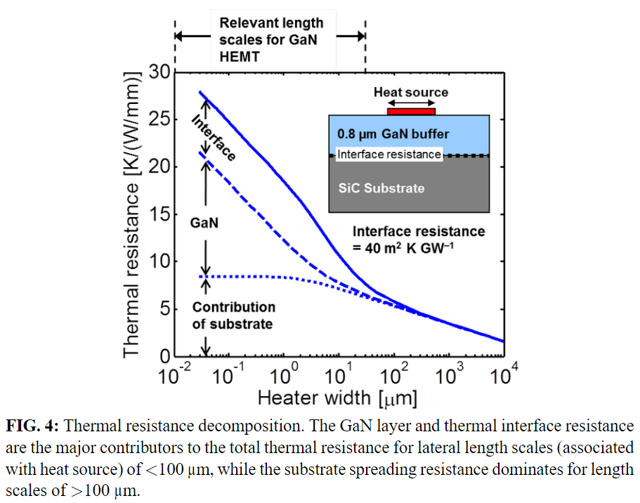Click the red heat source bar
[411, 111]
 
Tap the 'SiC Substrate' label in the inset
[381, 188]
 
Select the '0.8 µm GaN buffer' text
[393, 133]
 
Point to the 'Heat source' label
[410, 92]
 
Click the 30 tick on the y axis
[161, 72]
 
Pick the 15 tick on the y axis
[161, 214]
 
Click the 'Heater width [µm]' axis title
[337, 399]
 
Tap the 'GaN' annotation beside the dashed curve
[204, 223]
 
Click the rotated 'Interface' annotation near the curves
[214, 137]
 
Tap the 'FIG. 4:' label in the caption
[35, 426]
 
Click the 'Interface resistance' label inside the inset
[389, 155]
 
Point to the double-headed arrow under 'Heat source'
[411, 103]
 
